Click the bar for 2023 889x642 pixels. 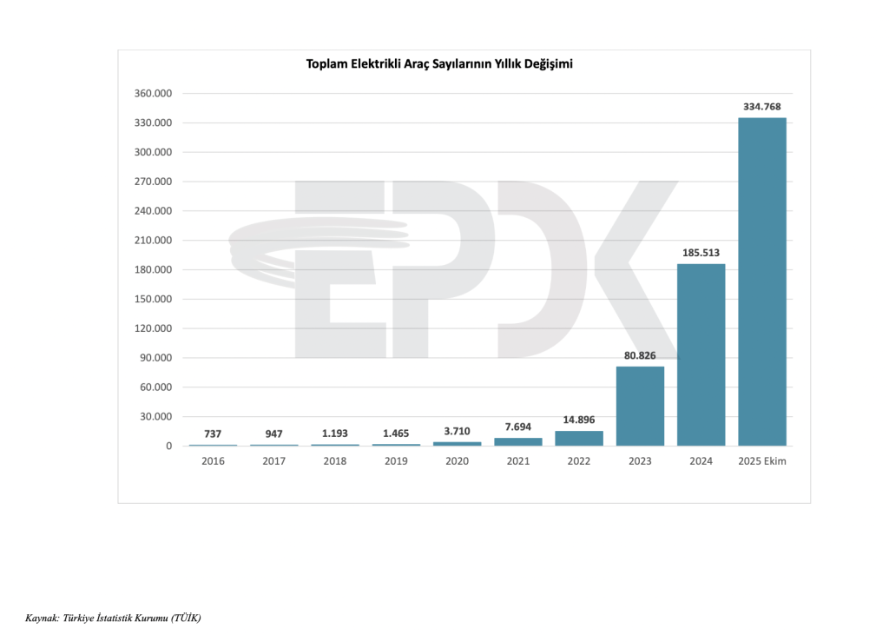640,406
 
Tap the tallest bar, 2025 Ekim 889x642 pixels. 761,281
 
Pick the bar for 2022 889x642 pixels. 579,438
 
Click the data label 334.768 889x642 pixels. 761,106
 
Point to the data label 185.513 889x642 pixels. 701,253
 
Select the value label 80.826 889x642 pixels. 640,355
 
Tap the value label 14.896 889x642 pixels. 579,420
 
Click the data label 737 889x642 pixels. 213,433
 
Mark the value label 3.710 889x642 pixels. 457,430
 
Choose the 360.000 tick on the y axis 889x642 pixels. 155,94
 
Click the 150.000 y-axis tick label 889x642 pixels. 155,300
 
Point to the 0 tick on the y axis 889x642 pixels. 168,447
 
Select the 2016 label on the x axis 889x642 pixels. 213,461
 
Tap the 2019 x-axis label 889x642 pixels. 395,461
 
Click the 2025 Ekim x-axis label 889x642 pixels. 761,461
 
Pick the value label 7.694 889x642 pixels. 518,426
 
